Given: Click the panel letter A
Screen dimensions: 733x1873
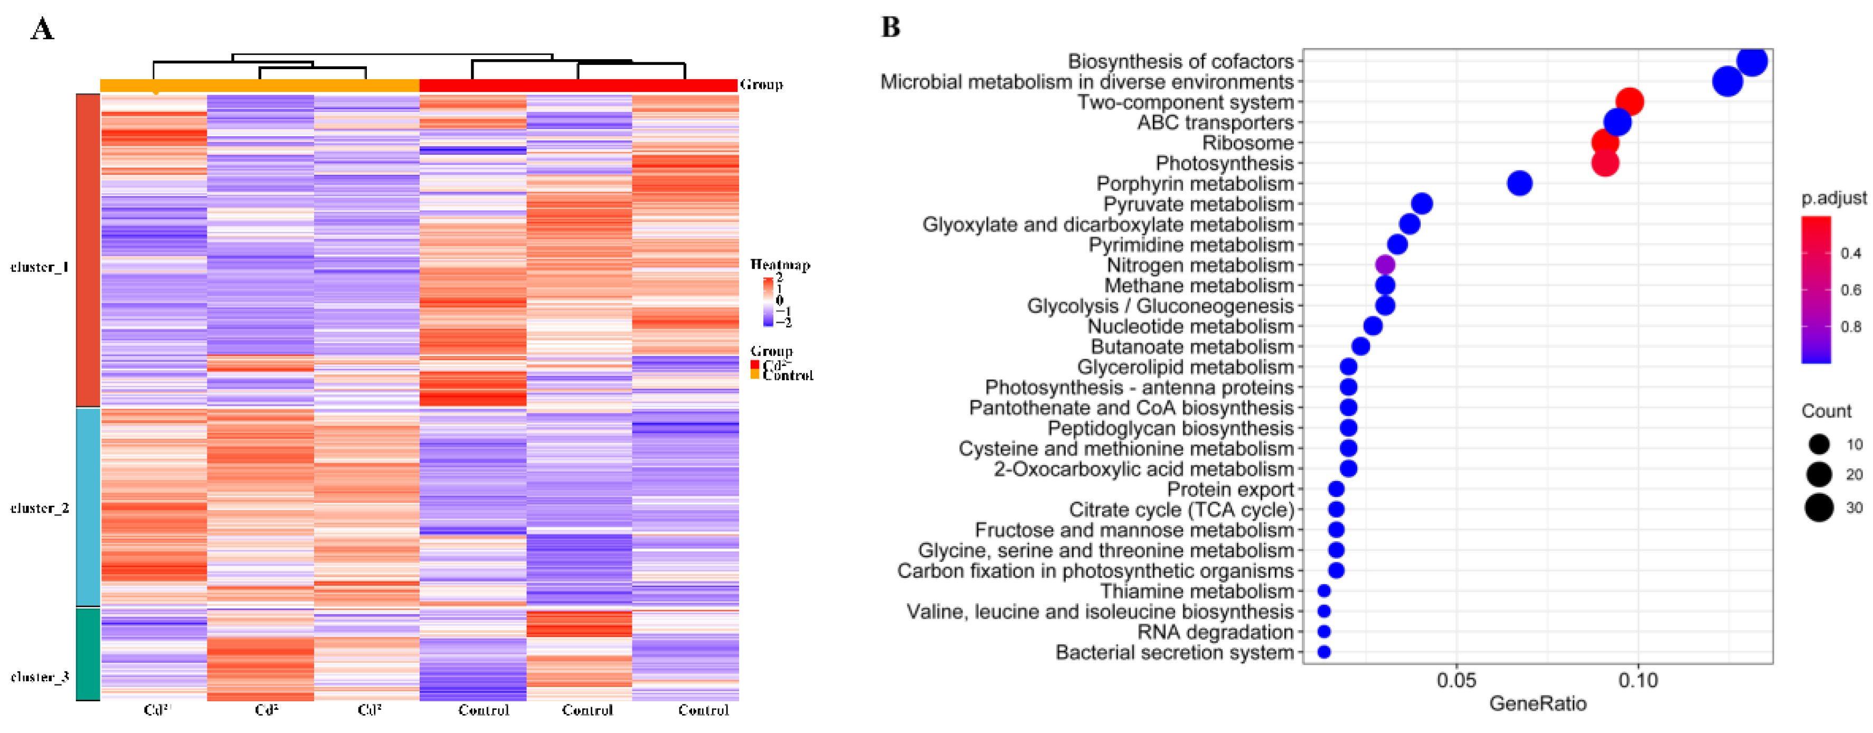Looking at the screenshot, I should tap(42, 29).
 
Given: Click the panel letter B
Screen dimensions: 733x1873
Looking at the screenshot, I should tap(891, 27).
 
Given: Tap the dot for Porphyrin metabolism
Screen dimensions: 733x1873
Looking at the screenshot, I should tap(1519, 183).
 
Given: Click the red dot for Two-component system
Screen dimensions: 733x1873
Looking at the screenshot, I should tap(1630, 102).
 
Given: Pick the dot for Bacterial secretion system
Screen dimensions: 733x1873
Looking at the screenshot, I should tap(1324, 652).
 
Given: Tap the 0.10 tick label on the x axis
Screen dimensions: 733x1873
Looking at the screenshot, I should tap(1638, 681).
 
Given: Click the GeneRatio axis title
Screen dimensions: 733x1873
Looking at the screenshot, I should tap(1538, 704).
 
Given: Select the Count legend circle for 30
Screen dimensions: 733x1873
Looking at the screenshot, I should tap(1819, 507).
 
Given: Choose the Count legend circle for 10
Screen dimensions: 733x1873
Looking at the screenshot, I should tap(1819, 444).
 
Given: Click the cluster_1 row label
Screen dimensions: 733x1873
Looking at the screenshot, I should tap(39, 267).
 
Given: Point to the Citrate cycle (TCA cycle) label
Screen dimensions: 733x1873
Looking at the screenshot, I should tap(1181, 510).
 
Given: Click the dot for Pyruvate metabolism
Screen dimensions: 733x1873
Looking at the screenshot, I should tap(1422, 204).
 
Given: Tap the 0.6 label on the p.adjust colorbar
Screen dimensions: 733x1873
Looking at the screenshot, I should tap(1850, 290).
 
